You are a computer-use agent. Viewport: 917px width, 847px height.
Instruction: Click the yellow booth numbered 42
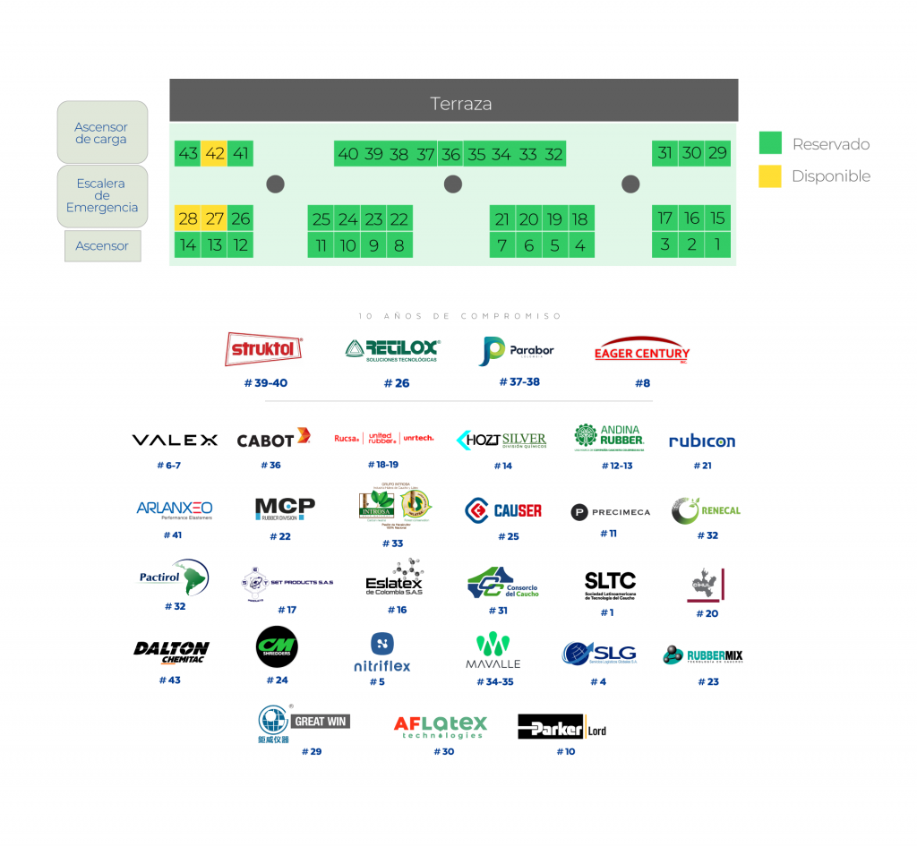point(214,153)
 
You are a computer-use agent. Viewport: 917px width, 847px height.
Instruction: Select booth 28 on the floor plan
point(188,218)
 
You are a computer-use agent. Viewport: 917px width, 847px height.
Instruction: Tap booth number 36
point(450,154)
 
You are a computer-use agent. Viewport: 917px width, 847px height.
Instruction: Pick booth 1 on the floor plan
point(717,244)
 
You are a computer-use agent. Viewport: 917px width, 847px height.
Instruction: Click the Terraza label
point(460,104)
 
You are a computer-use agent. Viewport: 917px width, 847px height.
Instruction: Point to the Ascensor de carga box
point(101,133)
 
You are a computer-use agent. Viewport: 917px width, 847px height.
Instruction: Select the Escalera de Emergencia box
point(101,195)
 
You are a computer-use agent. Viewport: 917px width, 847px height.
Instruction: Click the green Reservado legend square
point(770,143)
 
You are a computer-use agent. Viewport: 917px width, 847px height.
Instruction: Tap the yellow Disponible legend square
point(770,175)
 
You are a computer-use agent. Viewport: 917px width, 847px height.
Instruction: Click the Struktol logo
point(264,350)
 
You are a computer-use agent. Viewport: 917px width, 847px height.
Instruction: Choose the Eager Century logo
point(642,351)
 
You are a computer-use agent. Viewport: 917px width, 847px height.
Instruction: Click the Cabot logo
point(273,439)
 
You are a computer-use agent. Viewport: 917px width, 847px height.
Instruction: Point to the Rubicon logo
point(702,441)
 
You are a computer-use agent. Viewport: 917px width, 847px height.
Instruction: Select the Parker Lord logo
point(562,729)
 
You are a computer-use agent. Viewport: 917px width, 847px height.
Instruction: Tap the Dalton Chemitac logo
point(171,652)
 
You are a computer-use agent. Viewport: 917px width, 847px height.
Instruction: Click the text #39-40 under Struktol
point(266,383)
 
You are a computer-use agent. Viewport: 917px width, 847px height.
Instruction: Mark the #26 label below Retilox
point(396,383)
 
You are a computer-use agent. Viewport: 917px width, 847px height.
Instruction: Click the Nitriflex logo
point(382,654)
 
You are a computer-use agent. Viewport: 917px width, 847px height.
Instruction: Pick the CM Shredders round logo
point(277,646)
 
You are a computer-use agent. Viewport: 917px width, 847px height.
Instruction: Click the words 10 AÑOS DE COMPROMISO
point(459,316)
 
